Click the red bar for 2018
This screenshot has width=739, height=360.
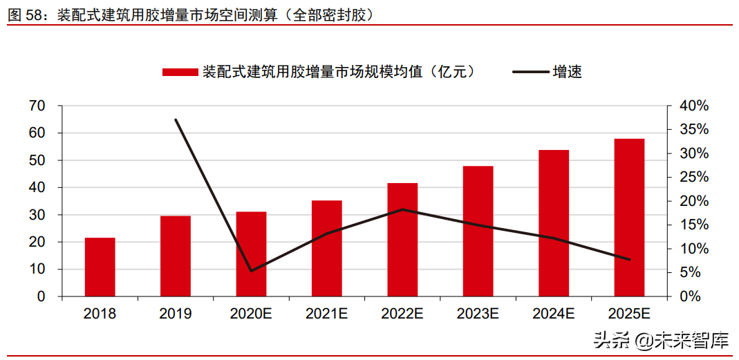click(100, 267)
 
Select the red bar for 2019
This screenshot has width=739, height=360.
click(175, 256)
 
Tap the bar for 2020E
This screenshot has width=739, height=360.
click(251, 254)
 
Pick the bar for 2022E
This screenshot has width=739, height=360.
click(402, 239)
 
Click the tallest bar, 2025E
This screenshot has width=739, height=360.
click(629, 217)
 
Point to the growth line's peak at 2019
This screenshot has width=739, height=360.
click(176, 120)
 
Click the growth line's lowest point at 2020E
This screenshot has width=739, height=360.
click(251, 270)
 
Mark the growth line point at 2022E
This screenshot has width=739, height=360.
click(402, 209)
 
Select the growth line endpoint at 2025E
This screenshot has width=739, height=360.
click(629, 260)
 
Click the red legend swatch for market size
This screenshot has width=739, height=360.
click(180, 72)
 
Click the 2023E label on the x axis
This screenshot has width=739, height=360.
click(478, 314)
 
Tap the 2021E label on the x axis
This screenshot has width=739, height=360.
click(326, 314)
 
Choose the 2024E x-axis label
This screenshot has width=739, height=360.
click(553, 314)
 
